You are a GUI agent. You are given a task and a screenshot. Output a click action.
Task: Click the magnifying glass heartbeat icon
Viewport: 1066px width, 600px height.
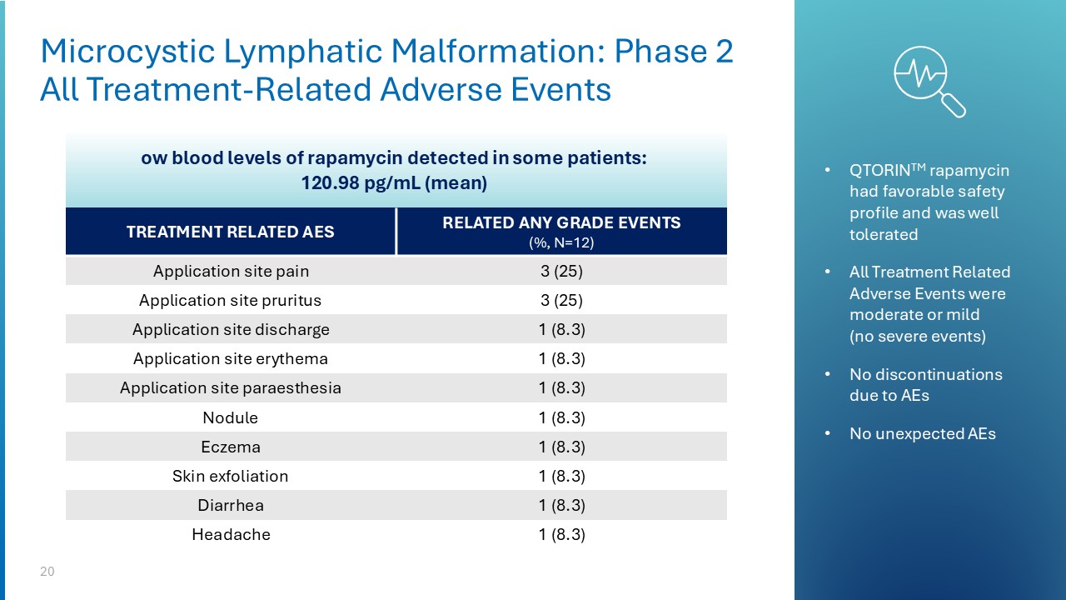(x=927, y=78)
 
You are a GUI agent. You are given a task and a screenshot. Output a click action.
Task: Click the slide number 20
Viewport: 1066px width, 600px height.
(x=47, y=572)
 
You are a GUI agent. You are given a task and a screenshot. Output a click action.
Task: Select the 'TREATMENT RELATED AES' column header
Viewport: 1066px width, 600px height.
(x=230, y=232)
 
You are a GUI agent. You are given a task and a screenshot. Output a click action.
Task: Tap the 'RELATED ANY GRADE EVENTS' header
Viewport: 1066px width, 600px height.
(x=561, y=223)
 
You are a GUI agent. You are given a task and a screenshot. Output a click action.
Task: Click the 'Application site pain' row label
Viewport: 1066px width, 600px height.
(x=231, y=272)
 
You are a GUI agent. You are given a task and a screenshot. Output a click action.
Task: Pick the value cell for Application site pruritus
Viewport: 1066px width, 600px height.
(x=561, y=301)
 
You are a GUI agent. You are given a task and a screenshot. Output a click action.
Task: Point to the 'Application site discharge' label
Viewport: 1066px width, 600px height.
(x=231, y=330)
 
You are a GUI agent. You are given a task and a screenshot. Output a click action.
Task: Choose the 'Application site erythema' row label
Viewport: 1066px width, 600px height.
(x=231, y=359)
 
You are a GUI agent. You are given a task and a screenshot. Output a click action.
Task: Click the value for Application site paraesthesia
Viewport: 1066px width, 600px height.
(x=561, y=388)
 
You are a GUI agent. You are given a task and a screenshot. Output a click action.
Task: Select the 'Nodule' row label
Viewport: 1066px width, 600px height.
(x=231, y=417)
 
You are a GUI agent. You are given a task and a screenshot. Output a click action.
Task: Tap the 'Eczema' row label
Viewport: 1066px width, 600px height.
(x=231, y=447)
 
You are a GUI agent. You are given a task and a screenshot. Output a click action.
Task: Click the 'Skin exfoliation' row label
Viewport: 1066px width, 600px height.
(x=231, y=477)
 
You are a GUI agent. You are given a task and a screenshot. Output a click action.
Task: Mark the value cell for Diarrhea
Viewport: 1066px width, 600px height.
(x=561, y=506)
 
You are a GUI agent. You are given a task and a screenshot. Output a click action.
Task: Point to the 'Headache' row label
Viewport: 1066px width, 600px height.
(x=231, y=535)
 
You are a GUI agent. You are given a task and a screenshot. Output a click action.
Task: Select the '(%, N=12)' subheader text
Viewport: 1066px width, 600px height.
(x=561, y=242)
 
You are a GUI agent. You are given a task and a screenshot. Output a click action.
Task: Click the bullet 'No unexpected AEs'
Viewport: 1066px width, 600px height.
(x=922, y=433)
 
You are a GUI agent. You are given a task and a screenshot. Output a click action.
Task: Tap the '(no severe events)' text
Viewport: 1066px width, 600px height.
(x=917, y=337)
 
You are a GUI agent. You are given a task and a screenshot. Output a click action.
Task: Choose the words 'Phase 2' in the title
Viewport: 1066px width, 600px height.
(x=673, y=52)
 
